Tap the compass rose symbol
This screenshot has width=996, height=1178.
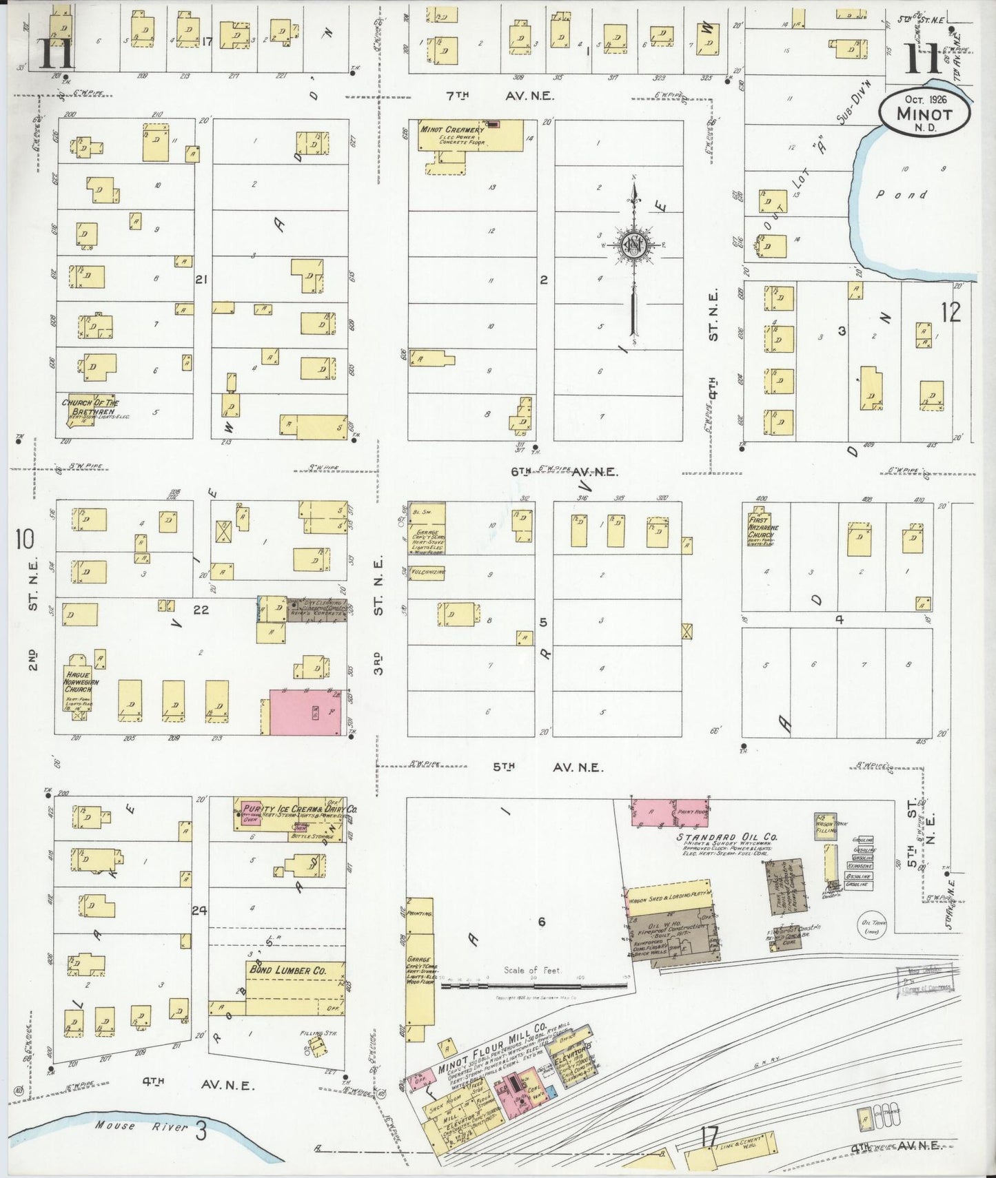tap(633, 245)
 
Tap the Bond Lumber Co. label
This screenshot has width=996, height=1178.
tap(286, 971)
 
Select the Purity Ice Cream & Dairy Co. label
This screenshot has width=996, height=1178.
tap(298, 809)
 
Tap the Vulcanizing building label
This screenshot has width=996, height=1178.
tap(427, 572)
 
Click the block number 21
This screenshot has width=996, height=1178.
tap(201, 280)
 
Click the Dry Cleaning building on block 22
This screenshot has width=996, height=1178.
tap(317, 610)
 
